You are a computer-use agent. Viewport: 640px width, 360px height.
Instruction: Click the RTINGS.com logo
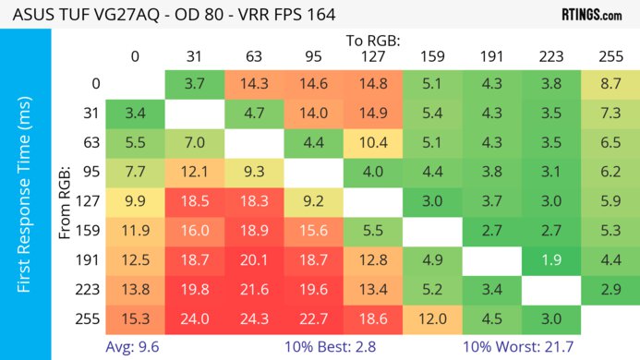[591, 15]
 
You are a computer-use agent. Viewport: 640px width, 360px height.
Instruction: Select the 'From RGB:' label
[65, 207]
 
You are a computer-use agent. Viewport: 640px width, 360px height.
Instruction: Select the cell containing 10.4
[374, 143]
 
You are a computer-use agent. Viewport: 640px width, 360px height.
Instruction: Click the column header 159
[432, 56]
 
